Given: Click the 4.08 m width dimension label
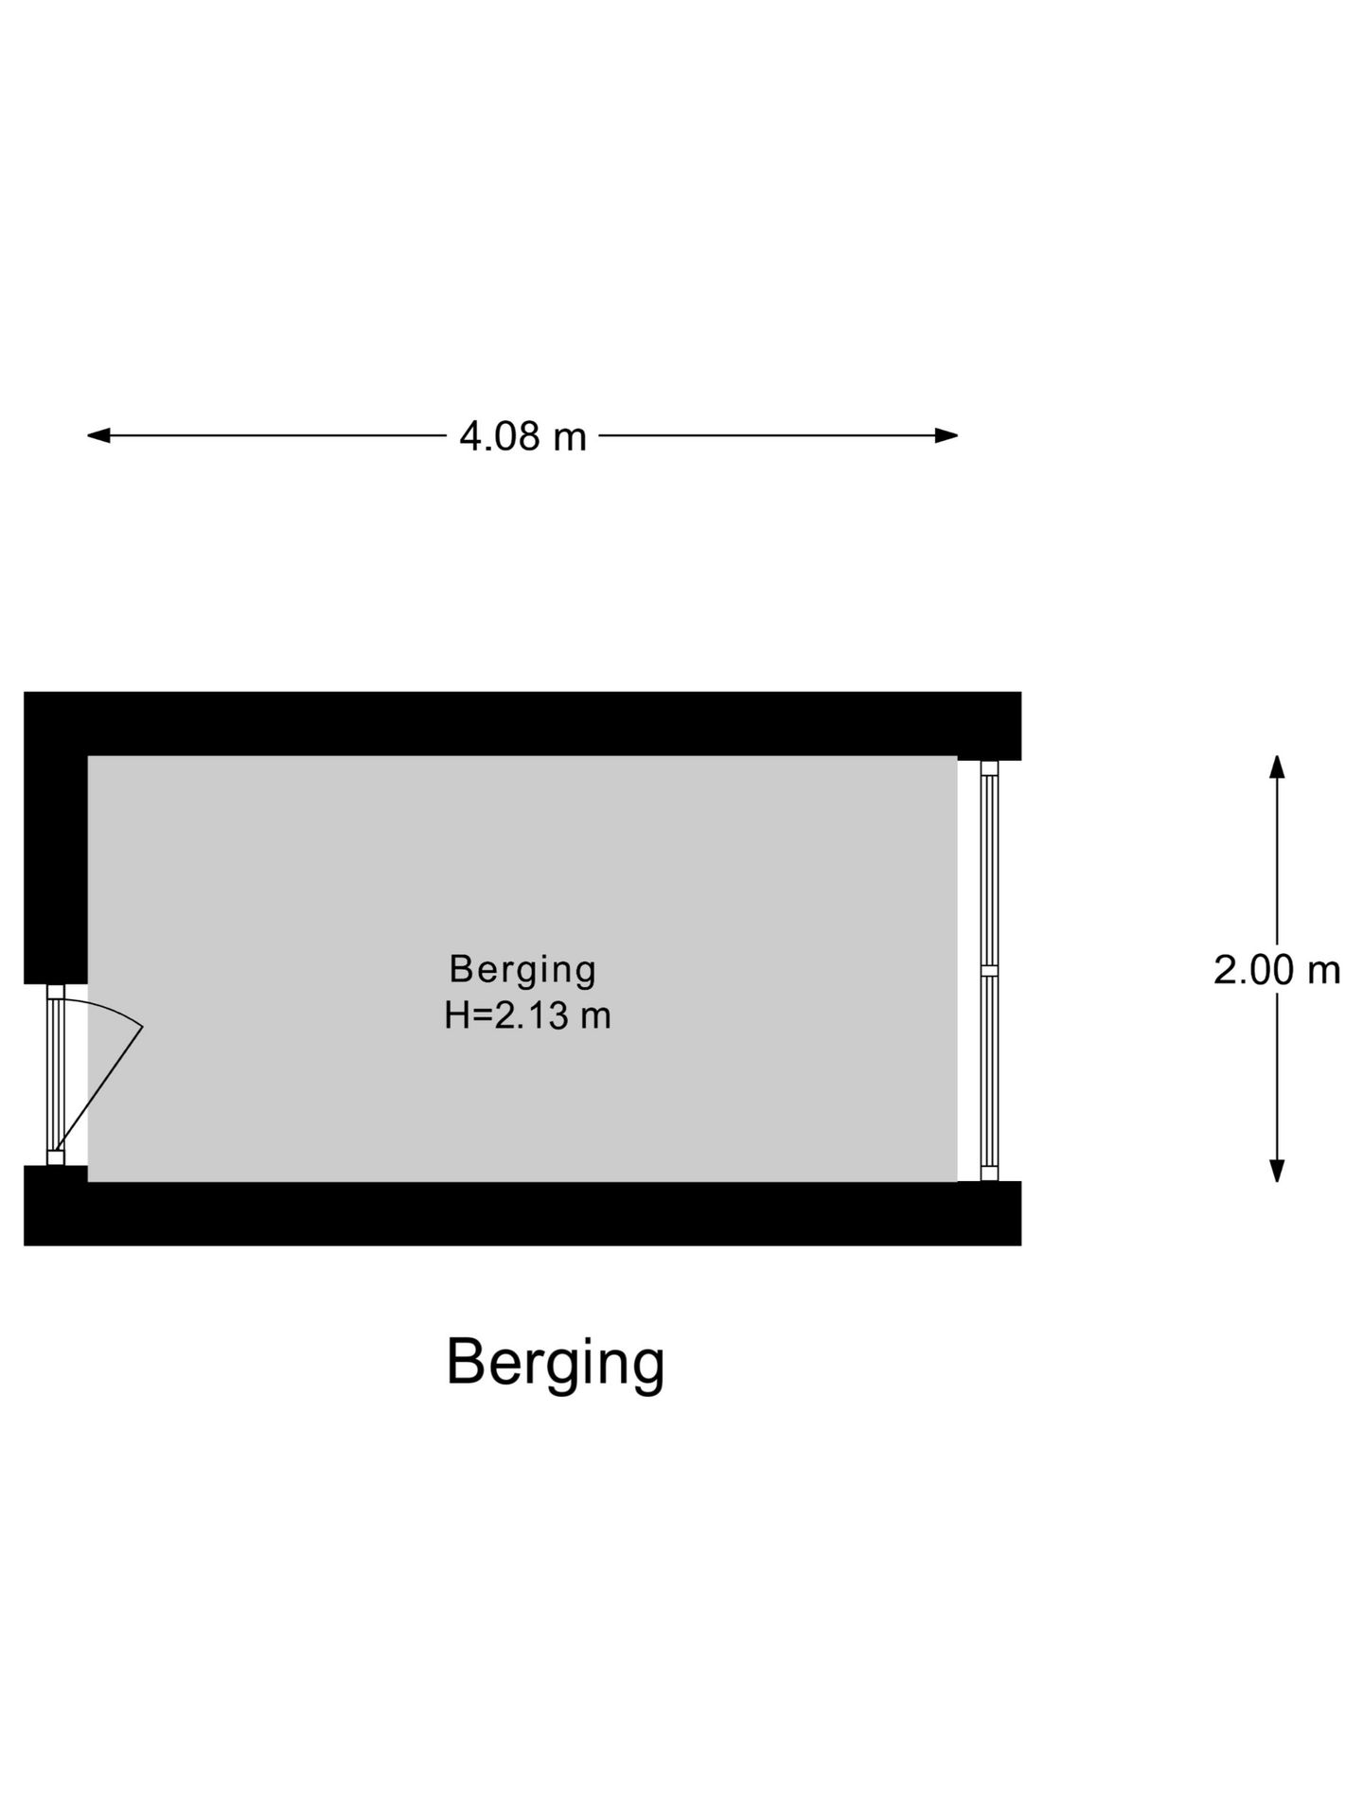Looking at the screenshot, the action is [522, 436].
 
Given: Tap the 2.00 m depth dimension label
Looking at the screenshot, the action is [1277, 970].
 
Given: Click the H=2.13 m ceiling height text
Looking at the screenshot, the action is [527, 1015].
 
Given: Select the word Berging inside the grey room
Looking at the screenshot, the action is [522, 970].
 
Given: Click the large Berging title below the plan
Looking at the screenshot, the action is [556, 1365].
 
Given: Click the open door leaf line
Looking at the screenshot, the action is [98, 1089].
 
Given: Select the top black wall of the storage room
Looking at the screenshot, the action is [522, 724].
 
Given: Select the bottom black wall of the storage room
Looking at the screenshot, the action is [522, 1213].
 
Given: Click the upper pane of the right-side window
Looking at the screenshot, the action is [989, 870].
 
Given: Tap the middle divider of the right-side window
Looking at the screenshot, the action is [989, 970].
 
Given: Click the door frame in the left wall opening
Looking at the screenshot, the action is [56, 1075].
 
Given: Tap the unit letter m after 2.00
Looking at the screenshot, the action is [1324, 973].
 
